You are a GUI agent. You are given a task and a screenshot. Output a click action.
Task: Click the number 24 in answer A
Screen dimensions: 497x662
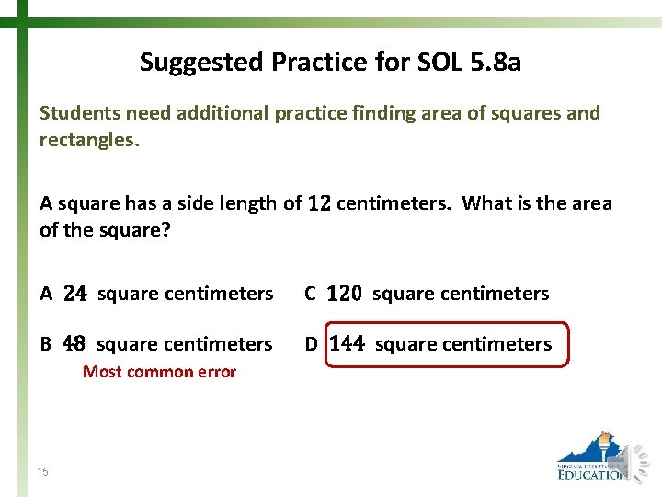pyautogui.click(x=75, y=294)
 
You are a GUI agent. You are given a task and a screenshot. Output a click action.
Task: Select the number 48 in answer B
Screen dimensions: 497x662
pyautogui.click(x=74, y=344)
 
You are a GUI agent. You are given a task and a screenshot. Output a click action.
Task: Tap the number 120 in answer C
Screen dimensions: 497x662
pyautogui.click(x=345, y=294)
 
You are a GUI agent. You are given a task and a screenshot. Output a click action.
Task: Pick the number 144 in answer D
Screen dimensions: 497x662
pyautogui.click(x=347, y=344)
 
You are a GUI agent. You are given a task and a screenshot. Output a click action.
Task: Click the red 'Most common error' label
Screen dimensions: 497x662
pyautogui.click(x=159, y=372)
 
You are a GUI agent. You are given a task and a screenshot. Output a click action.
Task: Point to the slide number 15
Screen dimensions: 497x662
pyautogui.click(x=43, y=472)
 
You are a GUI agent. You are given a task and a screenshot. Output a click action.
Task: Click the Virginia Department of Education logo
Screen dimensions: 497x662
pyautogui.click(x=593, y=457)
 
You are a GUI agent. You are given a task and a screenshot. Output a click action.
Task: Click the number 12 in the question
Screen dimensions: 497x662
pyautogui.click(x=320, y=203)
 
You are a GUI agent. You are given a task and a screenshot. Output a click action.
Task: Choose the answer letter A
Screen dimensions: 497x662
pyautogui.click(x=46, y=294)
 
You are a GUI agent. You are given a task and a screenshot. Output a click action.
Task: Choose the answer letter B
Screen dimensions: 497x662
pyautogui.click(x=46, y=344)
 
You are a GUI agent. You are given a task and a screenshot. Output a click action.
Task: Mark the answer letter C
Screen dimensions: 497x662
pyautogui.click(x=311, y=294)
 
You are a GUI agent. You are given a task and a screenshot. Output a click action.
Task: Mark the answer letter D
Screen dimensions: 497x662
pyautogui.click(x=312, y=344)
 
